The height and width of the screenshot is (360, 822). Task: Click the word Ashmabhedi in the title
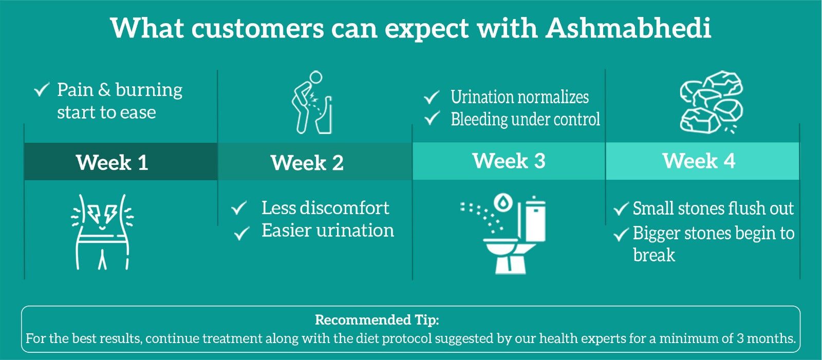628,28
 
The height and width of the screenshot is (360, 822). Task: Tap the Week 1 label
112,162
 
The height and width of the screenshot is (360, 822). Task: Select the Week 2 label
307,163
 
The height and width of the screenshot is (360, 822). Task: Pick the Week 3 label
509,161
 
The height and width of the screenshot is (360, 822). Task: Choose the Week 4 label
699,161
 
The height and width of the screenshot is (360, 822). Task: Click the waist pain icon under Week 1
102,232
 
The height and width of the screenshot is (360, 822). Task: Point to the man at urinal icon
312,102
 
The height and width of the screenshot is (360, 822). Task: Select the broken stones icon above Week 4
711,102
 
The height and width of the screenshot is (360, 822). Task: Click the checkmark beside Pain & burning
42,89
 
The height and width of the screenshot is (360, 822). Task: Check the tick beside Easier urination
242,233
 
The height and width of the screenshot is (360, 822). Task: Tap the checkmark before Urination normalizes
432,97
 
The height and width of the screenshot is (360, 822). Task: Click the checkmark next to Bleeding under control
432,118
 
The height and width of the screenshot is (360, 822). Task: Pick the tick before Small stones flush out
621,209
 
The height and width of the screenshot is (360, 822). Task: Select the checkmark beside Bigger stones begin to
621,234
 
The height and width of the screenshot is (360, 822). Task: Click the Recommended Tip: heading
377,320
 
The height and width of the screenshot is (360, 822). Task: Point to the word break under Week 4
654,255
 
